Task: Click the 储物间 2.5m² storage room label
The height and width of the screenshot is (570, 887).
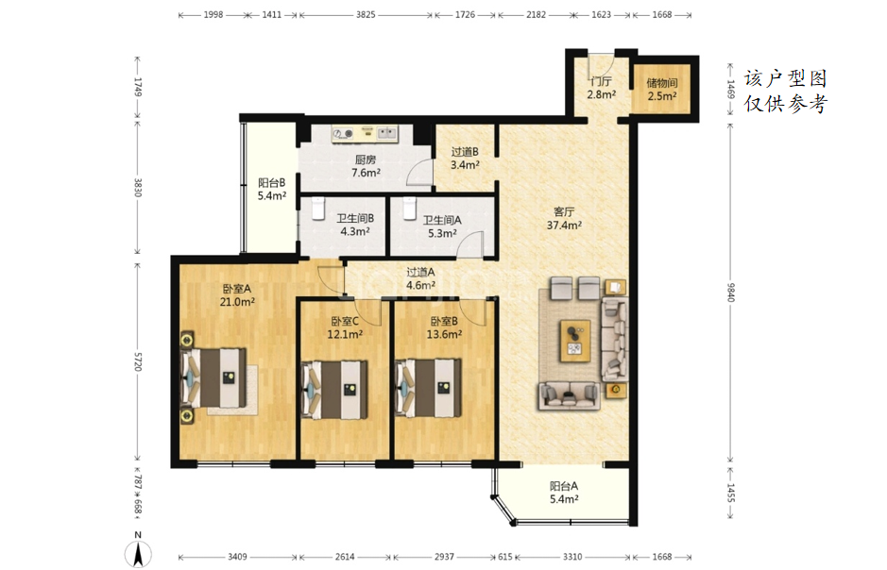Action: tap(662, 90)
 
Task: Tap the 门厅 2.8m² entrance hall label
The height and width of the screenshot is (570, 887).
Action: tap(601, 88)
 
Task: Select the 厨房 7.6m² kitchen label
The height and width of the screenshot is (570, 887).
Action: tap(366, 166)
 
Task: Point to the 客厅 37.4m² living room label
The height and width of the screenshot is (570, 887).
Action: tap(564, 218)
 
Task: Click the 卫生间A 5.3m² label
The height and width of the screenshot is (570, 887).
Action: tap(442, 226)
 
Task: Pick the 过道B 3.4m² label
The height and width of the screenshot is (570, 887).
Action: tap(465, 159)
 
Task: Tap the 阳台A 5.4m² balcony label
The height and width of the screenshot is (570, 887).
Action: tap(564, 492)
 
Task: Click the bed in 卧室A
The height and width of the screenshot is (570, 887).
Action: tap(213, 377)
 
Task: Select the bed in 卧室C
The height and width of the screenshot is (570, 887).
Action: tap(334, 390)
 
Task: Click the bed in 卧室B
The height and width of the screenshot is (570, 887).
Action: tap(428, 388)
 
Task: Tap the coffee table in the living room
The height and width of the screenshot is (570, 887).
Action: tap(575, 341)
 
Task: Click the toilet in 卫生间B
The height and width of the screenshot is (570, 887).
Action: tap(318, 209)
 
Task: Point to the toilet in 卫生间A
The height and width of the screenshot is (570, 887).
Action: tap(410, 209)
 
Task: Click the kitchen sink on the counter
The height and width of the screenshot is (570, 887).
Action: tap(387, 133)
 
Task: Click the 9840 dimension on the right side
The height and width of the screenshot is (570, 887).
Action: tap(730, 292)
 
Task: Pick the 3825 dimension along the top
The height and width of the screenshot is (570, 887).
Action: tap(366, 15)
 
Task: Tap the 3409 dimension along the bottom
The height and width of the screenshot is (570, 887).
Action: tap(237, 557)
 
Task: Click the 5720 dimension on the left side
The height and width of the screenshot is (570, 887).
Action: tap(138, 361)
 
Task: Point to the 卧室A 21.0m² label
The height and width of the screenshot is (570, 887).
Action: tap(237, 295)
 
